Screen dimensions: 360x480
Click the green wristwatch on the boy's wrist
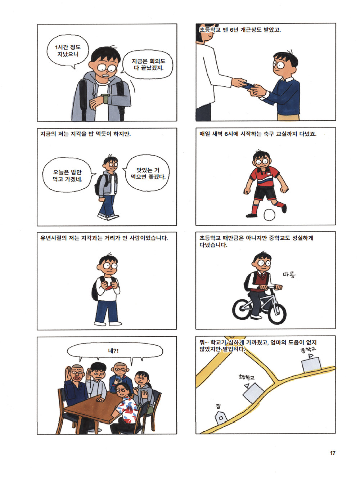click(x=105, y=98)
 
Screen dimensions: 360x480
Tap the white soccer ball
click(x=269, y=215)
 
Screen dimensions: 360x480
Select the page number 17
click(x=332, y=453)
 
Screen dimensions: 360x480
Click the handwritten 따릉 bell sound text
click(x=289, y=274)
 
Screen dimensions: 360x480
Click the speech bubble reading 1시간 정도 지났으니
click(x=68, y=50)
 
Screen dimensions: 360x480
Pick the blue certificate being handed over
click(x=248, y=85)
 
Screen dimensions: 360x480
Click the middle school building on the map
click(x=311, y=364)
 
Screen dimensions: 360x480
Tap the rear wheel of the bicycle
click(x=242, y=309)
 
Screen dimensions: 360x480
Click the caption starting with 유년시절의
click(x=104, y=238)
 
